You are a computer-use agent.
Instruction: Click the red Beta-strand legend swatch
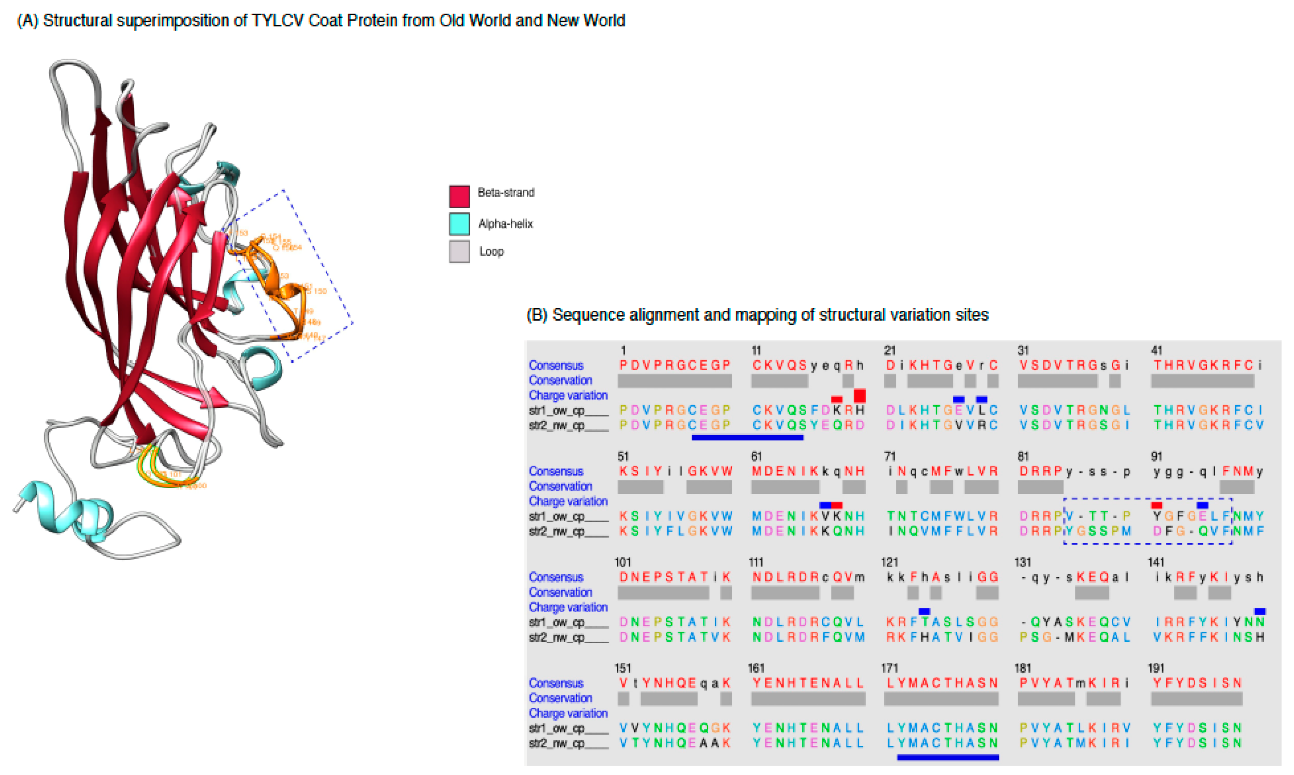point(459,196)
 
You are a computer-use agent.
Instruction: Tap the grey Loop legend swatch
point(459,251)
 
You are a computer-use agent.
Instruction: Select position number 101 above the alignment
point(622,562)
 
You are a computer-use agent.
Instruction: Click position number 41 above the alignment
point(1157,350)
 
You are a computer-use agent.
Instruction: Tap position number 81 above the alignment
point(1023,456)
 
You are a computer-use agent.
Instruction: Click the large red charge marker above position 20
point(859,395)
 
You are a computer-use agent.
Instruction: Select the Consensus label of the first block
point(555,365)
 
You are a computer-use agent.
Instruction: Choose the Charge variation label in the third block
point(568,607)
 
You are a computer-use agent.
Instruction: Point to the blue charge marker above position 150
point(1259,611)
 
